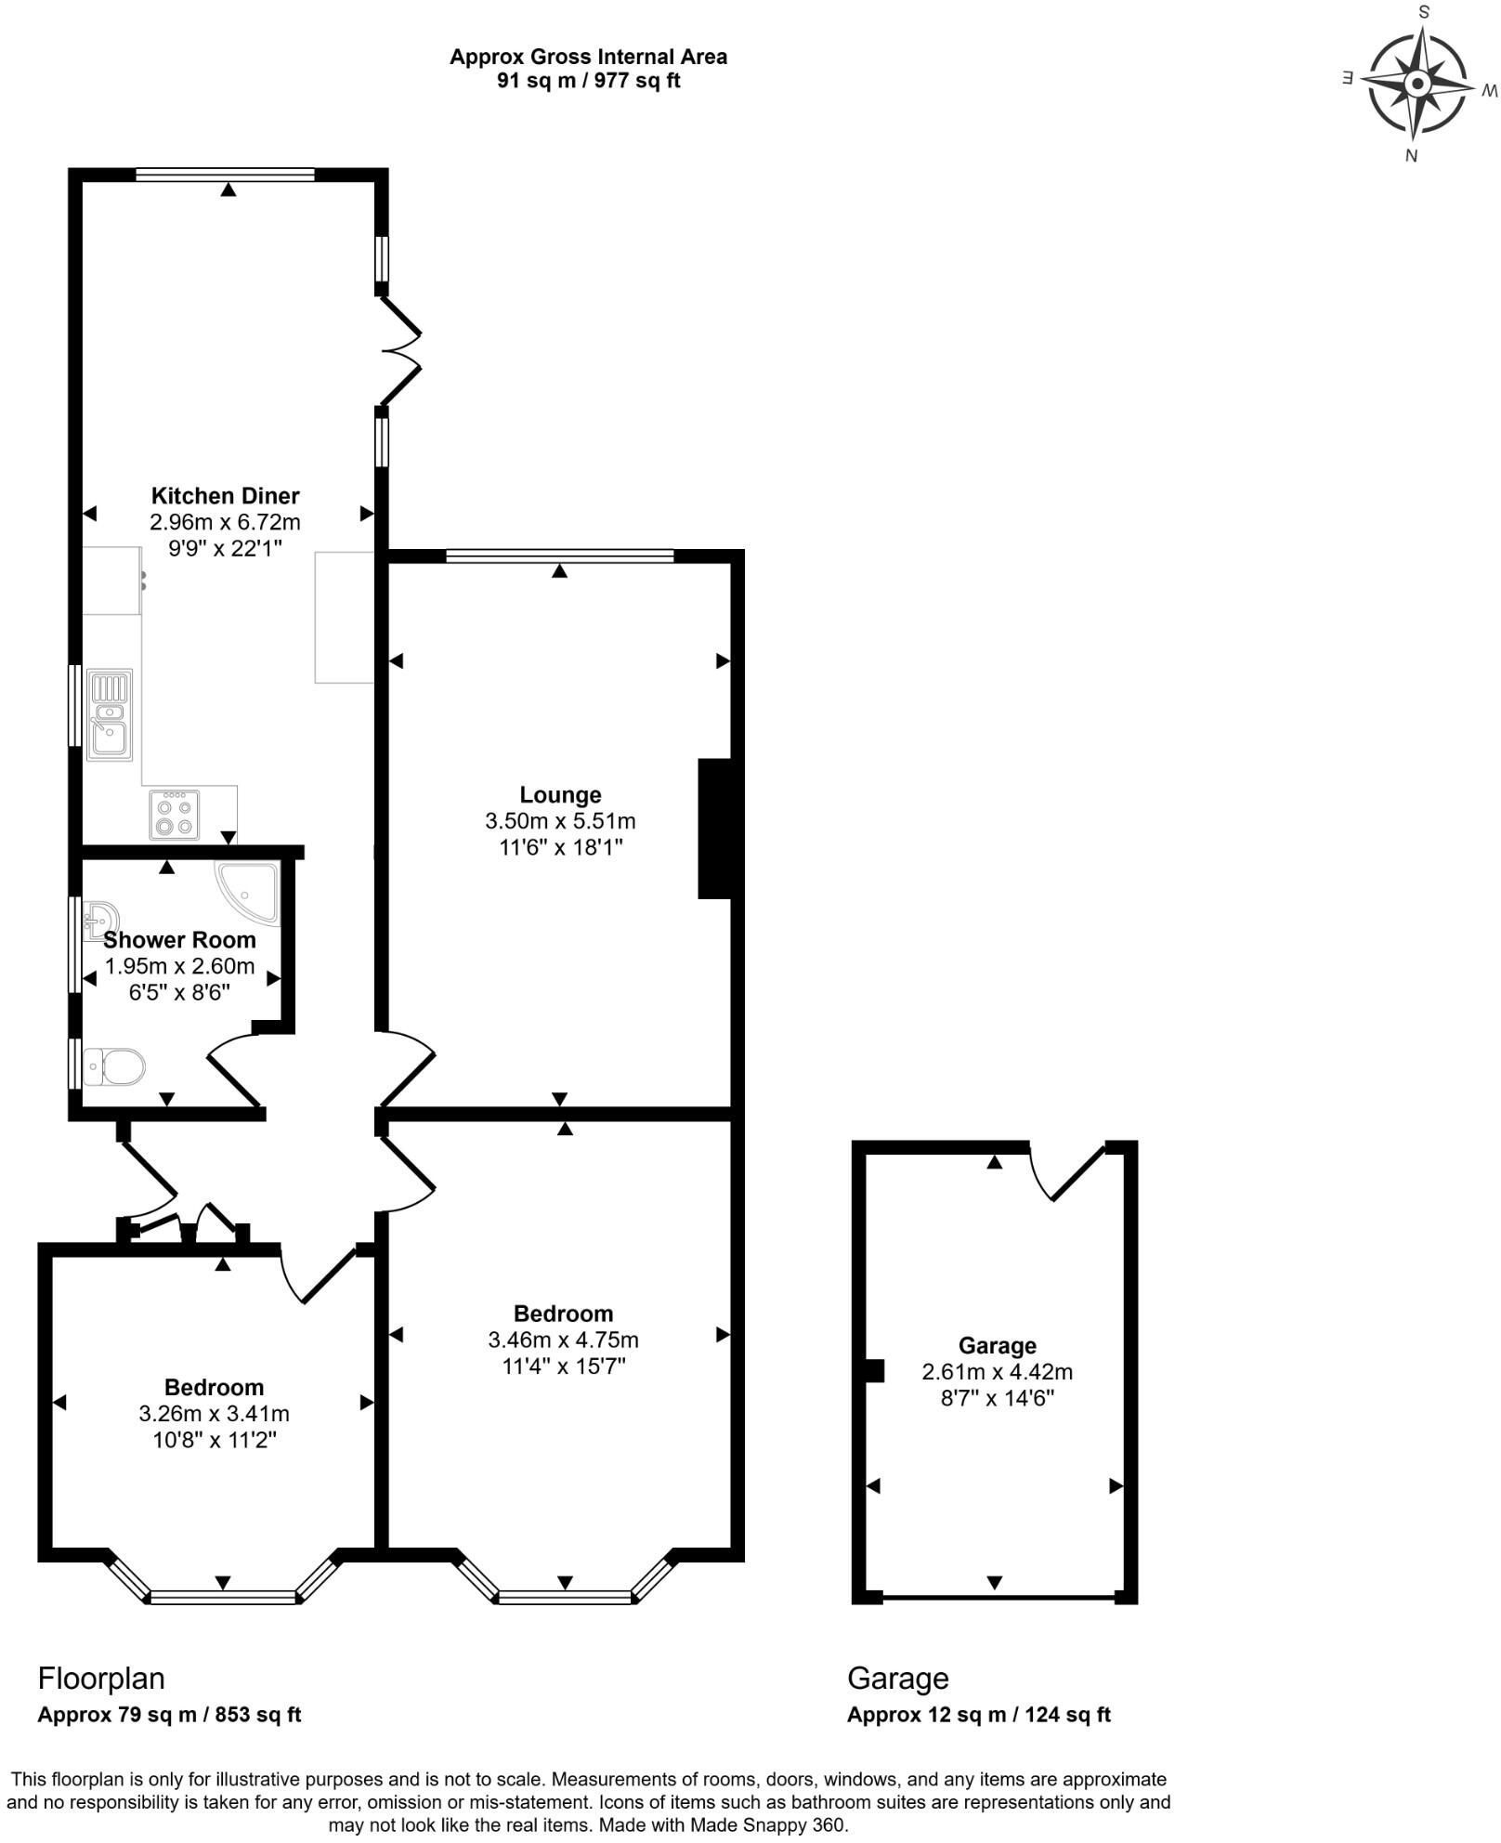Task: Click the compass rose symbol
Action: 1417,85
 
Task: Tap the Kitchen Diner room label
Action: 226,495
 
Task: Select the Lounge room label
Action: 560,794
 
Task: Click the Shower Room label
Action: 179,939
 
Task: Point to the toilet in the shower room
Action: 114,1067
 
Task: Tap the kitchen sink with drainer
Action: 110,714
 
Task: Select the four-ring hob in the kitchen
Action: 175,815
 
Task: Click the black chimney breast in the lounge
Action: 714,829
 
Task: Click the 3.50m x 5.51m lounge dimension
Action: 560,821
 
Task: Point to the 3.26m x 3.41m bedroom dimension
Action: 214,1414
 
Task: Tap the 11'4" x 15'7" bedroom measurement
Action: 563,1366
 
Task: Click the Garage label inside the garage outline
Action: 998,1345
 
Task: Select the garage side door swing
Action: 1068,1172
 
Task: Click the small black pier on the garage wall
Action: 874,1371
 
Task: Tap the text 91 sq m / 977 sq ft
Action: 589,81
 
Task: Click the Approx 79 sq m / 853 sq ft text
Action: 169,1715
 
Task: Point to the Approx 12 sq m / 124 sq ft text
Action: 979,1715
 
